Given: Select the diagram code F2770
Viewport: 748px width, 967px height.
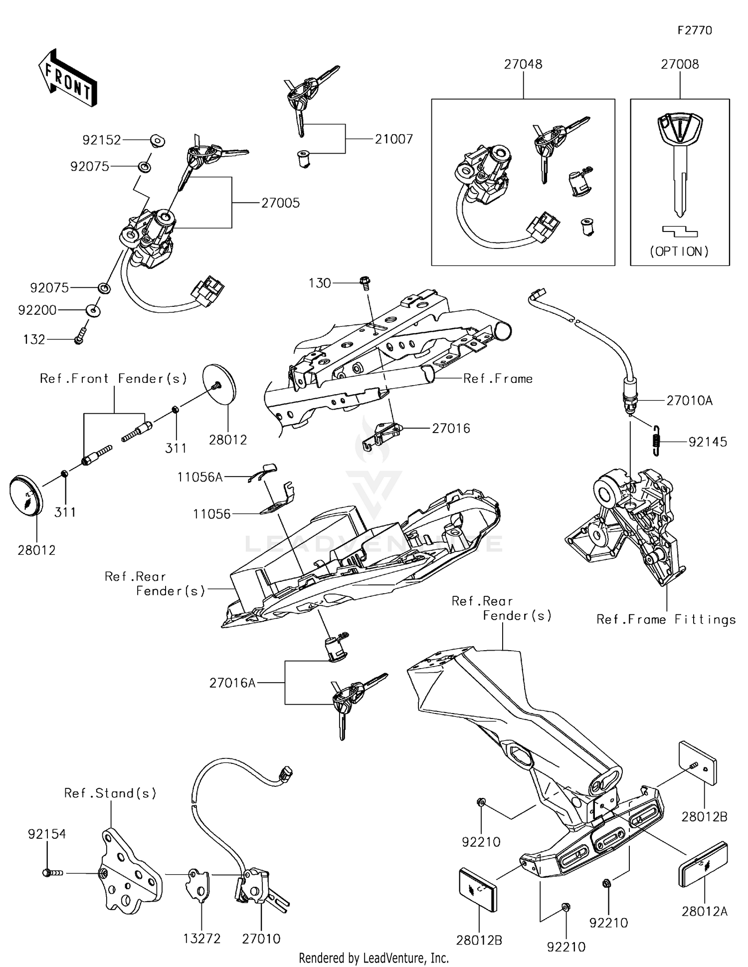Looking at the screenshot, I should click(x=695, y=30).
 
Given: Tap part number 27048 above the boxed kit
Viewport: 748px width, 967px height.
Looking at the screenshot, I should click(x=523, y=64).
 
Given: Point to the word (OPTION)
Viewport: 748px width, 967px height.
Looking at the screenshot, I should click(x=679, y=251).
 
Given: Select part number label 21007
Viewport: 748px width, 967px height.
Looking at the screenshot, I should click(x=394, y=139).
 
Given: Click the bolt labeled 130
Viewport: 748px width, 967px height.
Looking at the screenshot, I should click(x=365, y=283).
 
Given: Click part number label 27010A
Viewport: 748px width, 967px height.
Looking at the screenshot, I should click(x=690, y=401).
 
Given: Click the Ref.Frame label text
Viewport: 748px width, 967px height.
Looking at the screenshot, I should click(x=498, y=379).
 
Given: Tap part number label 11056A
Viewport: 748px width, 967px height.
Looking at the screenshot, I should click(x=200, y=478).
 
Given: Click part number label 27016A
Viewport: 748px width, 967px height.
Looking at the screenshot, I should click(x=232, y=683).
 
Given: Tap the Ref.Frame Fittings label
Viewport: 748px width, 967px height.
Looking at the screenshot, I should click(x=666, y=620).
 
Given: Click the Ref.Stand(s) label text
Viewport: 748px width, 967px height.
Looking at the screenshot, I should click(x=110, y=793).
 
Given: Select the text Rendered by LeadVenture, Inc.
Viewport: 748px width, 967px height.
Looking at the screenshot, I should click(x=374, y=958).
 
